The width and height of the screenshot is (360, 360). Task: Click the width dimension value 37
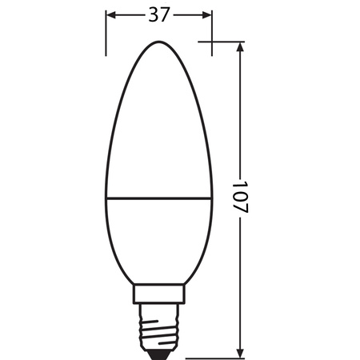click(159, 15)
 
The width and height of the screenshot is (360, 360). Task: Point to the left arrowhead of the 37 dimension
click(110, 15)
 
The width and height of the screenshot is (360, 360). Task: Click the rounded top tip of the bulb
click(159, 41)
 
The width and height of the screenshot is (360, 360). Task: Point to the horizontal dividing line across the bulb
click(159, 196)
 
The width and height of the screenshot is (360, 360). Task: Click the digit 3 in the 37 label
click(153, 15)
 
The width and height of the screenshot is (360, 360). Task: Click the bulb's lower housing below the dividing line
click(159, 240)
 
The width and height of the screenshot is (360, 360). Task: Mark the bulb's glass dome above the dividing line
click(159, 120)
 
